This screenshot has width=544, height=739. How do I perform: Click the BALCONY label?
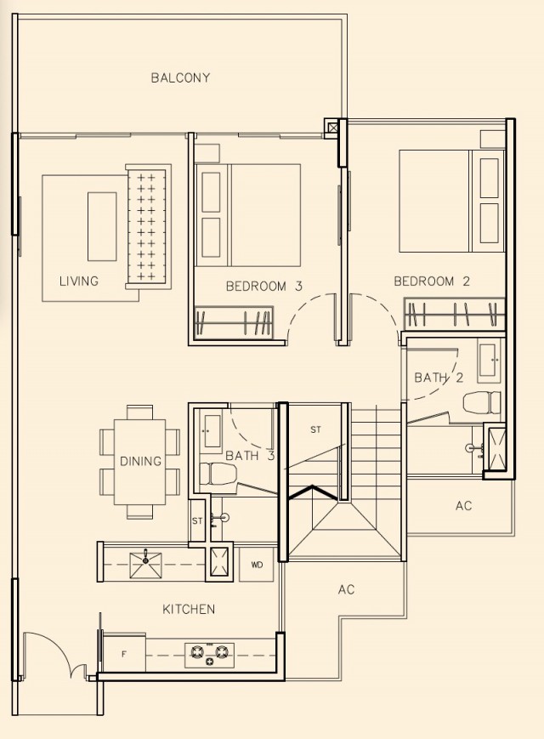180,77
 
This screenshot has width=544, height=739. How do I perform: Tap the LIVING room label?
79,281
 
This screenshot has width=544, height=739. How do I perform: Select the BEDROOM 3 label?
264,286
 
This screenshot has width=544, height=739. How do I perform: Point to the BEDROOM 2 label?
432,281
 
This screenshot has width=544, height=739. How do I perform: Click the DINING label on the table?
140,461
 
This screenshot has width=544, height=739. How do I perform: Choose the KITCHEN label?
189,610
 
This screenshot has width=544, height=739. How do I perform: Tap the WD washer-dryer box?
257,565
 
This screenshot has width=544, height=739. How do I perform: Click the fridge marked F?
124,654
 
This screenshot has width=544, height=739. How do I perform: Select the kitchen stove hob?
209,654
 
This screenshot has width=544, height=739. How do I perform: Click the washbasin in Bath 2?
488,361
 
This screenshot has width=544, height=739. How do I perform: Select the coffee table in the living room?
102,226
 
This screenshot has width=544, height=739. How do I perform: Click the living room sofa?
149,227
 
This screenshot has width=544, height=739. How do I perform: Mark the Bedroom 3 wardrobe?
234,322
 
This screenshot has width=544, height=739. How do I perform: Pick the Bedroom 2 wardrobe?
454,314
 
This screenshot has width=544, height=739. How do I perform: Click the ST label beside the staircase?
315,429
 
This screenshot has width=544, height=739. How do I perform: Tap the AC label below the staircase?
346,589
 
